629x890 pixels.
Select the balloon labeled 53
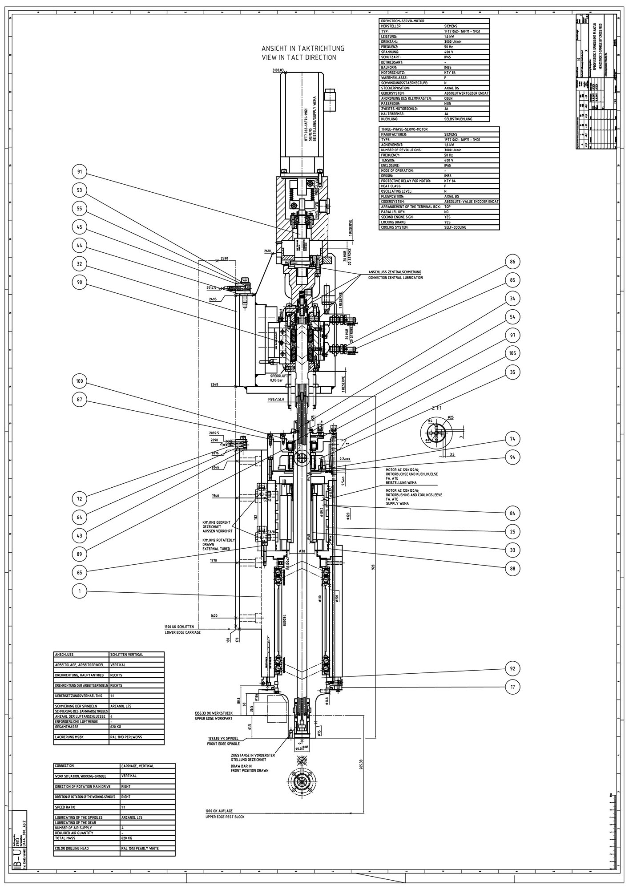[x=80, y=190]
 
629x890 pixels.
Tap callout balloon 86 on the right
[x=512, y=262]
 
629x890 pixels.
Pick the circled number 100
[x=80, y=381]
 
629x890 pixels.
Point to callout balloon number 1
[x=80, y=591]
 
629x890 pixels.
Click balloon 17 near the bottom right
[x=512, y=687]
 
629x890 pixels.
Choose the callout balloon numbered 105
[x=512, y=353]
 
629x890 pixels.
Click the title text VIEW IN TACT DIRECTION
[x=299, y=57]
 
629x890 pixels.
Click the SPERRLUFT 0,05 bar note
[x=279, y=378]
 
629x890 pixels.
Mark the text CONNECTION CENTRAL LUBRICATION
[x=395, y=277]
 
